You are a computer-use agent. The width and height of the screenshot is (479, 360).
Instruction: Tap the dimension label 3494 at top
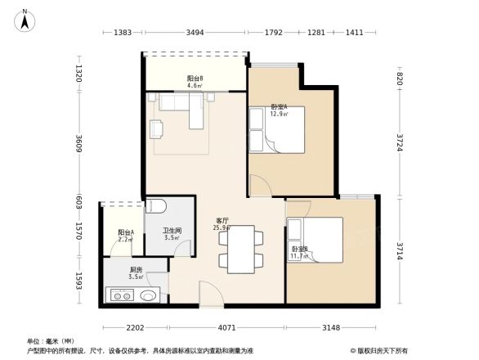[x=195, y=33]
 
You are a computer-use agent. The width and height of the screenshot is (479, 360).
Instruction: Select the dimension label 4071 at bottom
[x=226, y=328]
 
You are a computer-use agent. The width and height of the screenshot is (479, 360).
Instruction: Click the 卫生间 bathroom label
[x=172, y=233]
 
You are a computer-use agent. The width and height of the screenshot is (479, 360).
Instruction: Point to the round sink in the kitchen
[x=148, y=296]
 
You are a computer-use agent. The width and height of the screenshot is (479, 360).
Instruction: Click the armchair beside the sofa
[x=157, y=128]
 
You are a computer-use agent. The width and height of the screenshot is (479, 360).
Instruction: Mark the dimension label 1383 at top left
[x=123, y=33]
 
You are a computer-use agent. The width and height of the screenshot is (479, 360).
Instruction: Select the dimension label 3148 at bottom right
[x=330, y=328]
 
